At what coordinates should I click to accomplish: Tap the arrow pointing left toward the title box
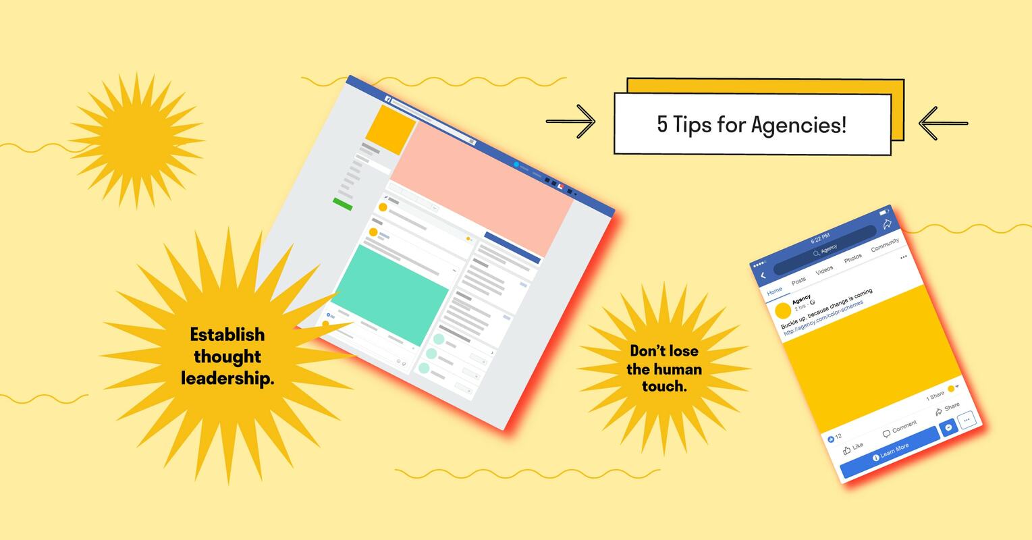(943, 124)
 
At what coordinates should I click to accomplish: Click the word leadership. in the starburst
(227, 379)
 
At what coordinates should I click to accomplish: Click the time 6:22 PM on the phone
(820, 238)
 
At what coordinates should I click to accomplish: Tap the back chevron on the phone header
(763, 275)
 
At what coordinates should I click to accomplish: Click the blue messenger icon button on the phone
(949, 428)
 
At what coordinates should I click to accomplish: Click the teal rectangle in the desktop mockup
(390, 294)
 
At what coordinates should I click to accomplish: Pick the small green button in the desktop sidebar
(342, 204)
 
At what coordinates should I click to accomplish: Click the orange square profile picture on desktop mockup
(391, 130)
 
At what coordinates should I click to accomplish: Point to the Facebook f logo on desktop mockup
(388, 99)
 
